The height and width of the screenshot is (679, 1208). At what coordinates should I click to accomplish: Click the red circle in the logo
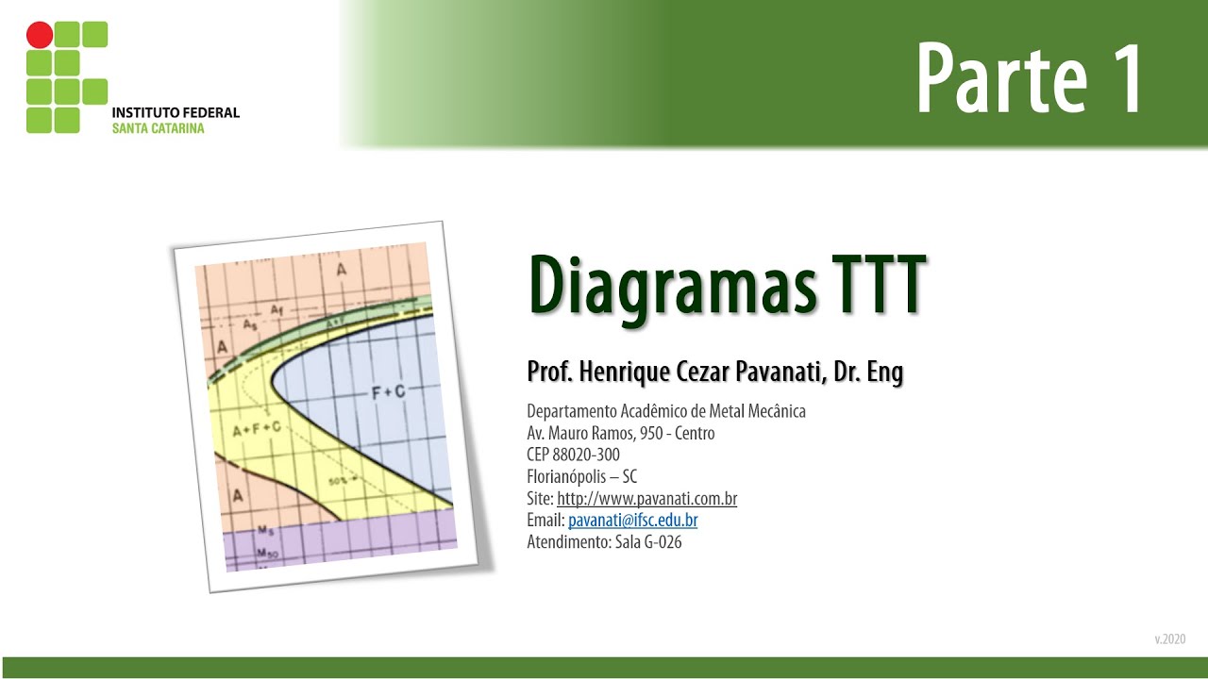(40, 35)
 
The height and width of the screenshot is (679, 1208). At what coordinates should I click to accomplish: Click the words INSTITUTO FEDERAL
(176, 112)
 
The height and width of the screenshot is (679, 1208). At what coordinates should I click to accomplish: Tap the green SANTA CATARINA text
(158, 128)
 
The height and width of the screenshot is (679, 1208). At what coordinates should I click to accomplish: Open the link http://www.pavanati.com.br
(646, 499)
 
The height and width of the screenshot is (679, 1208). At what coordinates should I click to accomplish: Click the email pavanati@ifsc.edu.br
(632, 521)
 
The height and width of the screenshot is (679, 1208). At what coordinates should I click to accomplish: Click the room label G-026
(661, 542)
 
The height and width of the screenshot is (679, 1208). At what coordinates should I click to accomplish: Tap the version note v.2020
(1169, 639)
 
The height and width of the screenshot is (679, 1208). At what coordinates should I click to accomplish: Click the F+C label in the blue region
(387, 391)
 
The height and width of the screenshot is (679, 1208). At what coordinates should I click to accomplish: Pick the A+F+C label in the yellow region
(257, 429)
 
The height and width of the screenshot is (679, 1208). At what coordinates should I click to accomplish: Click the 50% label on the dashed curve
(338, 482)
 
